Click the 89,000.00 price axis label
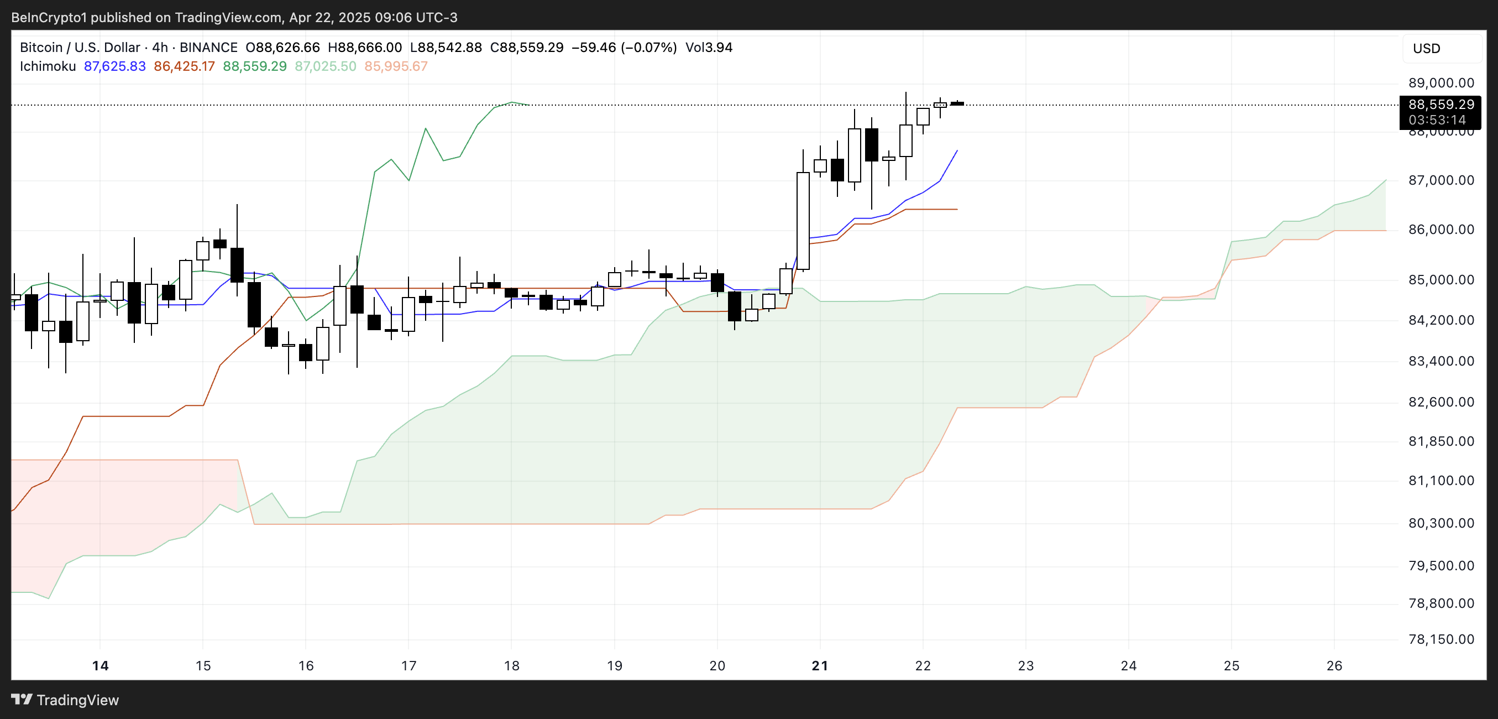[x=1441, y=82]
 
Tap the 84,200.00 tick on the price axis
[x=1441, y=320]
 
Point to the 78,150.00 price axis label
[x=1441, y=639]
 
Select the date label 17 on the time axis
[x=408, y=665]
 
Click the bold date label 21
[x=819, y=665]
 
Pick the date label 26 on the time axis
[x=1334, y=665]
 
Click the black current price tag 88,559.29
[x=1441, y=105]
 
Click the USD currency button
[x=1426, y=48]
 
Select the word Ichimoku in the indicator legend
[x=48, y=66]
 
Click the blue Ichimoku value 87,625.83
[x=114, y=66]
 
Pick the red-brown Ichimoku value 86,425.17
[x=184, y=66]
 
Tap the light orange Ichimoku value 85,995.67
[x=395, y=66]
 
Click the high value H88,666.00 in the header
[x=365, y=48]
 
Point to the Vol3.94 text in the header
[x=708, y=48]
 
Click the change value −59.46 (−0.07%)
[x=624, y=48]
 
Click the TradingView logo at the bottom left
[x=65, y=700]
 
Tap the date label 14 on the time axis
[x=100, y=665]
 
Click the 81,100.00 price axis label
[x=1441, y=481]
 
